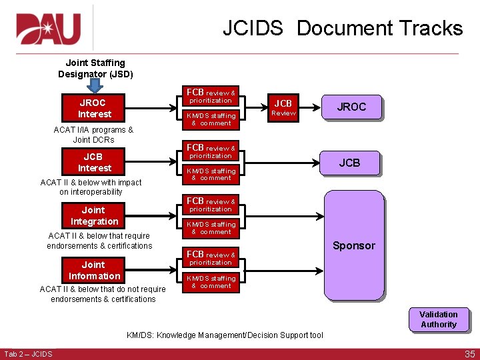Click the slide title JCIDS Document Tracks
(x=342, y=28)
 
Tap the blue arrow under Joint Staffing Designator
(x=95, y=87)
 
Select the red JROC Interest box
(x=94, y=108)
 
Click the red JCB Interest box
(x=94, y=162)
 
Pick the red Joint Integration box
(x=94, y=216)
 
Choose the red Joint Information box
(x=94, y=270)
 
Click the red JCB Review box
(x=283, y=107)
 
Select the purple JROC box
(x=351, y=107)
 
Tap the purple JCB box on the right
(x=349, y=163)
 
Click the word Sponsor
(x=353, y=245)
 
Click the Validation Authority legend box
(x=438, y=319)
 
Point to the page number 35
(x=469, y=354)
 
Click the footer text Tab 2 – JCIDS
(x=28, y=353)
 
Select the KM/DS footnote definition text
(x=225, y=335)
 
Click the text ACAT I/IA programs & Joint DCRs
(x=93, y=135)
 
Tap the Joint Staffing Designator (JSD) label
(x=95, y=68)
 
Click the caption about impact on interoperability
(x=91, y=187)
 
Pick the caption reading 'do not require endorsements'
(x=103, y=294)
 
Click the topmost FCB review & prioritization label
(x=211, y=96)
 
